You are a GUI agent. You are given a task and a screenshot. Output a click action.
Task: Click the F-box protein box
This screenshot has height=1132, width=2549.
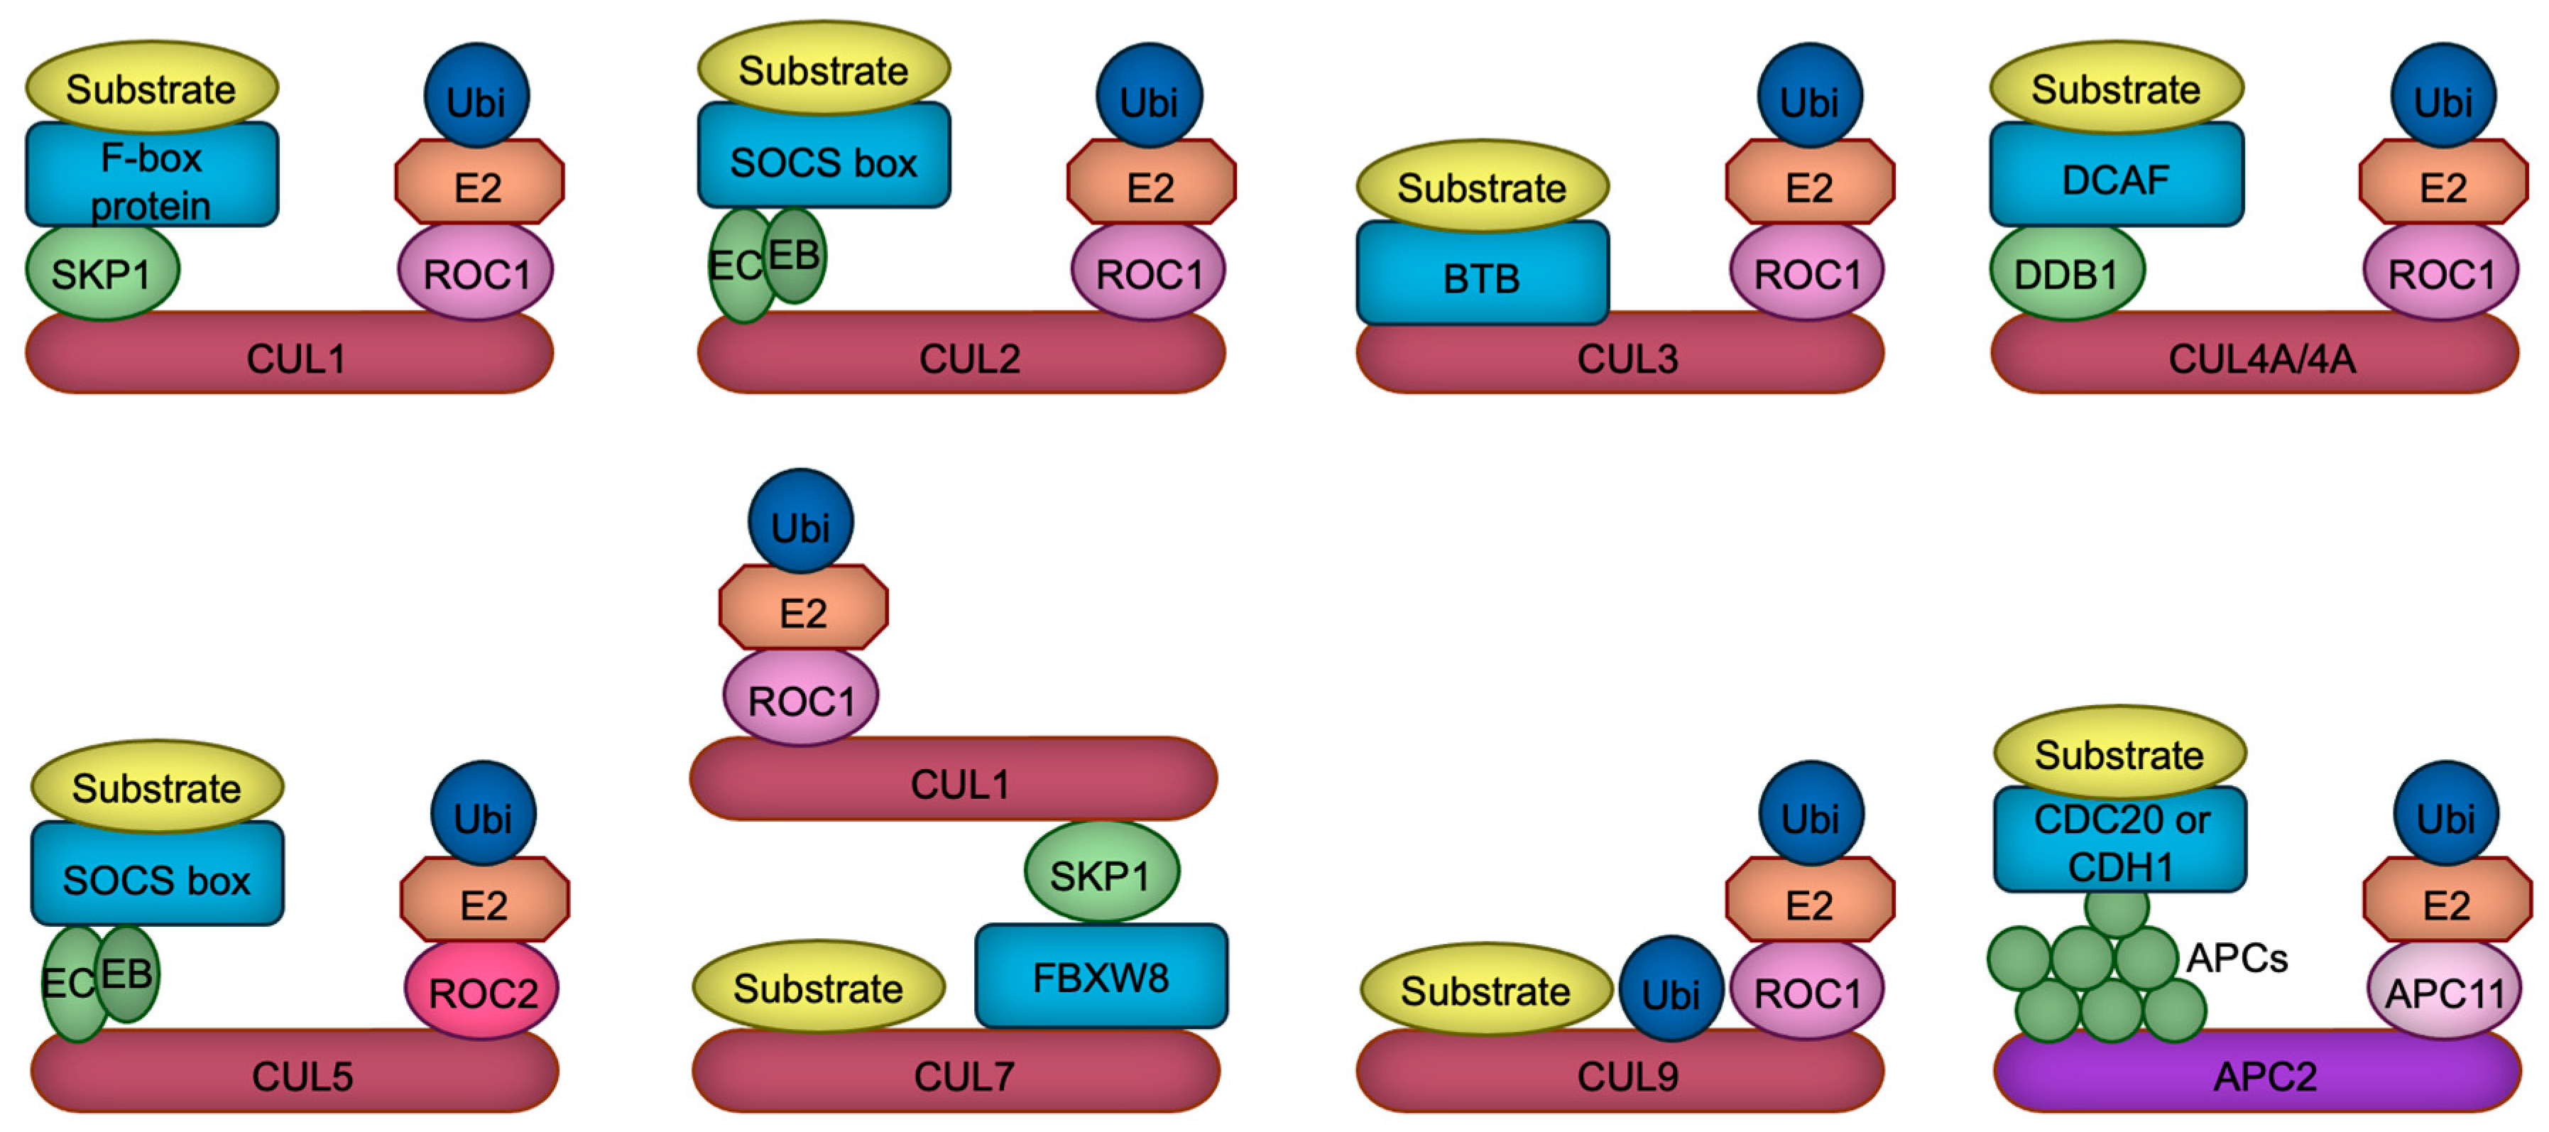click(151, 176)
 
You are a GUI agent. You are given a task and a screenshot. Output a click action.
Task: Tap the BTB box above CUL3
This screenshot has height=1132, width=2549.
click(1481, 275)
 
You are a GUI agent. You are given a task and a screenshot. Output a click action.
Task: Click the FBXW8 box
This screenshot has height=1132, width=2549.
click(1101, 976)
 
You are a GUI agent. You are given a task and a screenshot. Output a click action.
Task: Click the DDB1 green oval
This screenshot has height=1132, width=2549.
click(2066, 273)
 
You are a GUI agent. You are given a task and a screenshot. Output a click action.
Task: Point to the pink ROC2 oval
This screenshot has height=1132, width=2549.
click(482, 991)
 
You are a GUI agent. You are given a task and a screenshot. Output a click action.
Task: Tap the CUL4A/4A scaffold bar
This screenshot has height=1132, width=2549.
click(2256, 357)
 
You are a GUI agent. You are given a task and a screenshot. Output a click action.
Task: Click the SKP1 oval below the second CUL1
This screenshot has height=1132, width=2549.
click(1101, 874)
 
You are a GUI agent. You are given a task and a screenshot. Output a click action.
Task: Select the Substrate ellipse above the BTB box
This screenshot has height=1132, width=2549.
click(1481, 186)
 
